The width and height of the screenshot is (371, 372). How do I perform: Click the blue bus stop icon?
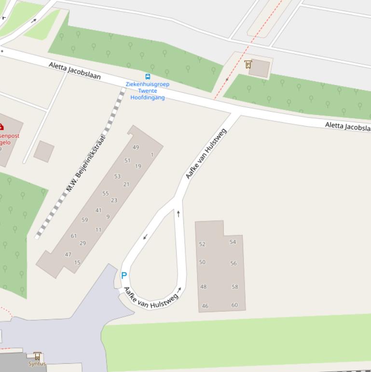(148, 76)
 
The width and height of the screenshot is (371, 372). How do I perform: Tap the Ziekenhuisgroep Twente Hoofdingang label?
(148, 91)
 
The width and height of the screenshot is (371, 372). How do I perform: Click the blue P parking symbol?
(124, 275)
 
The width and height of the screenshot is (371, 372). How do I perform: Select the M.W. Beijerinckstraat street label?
(86, 163)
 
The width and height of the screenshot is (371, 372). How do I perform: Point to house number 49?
(136, 147)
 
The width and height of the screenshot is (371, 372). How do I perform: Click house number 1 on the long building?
(152, 155)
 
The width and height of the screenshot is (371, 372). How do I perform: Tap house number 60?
(234, 305)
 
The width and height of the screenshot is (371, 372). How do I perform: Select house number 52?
(202, 244)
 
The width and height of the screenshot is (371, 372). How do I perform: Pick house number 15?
(77, 263)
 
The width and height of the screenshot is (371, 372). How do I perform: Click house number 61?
(74, 236)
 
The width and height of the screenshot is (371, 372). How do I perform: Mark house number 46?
(205, 306)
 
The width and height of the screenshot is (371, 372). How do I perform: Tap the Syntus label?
(37, 364)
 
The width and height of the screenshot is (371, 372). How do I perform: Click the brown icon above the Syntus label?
(37, 356)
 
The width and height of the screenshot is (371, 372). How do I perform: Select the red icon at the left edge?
(1, 127)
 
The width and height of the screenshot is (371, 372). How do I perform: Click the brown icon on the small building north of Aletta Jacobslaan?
(248, 64)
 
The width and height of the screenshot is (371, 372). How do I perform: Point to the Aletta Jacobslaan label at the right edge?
(347, 126)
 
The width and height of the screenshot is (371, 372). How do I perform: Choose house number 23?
(114, 200)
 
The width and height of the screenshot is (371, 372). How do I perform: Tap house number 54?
(233, 242)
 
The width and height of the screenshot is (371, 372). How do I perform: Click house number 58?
(235, 286)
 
